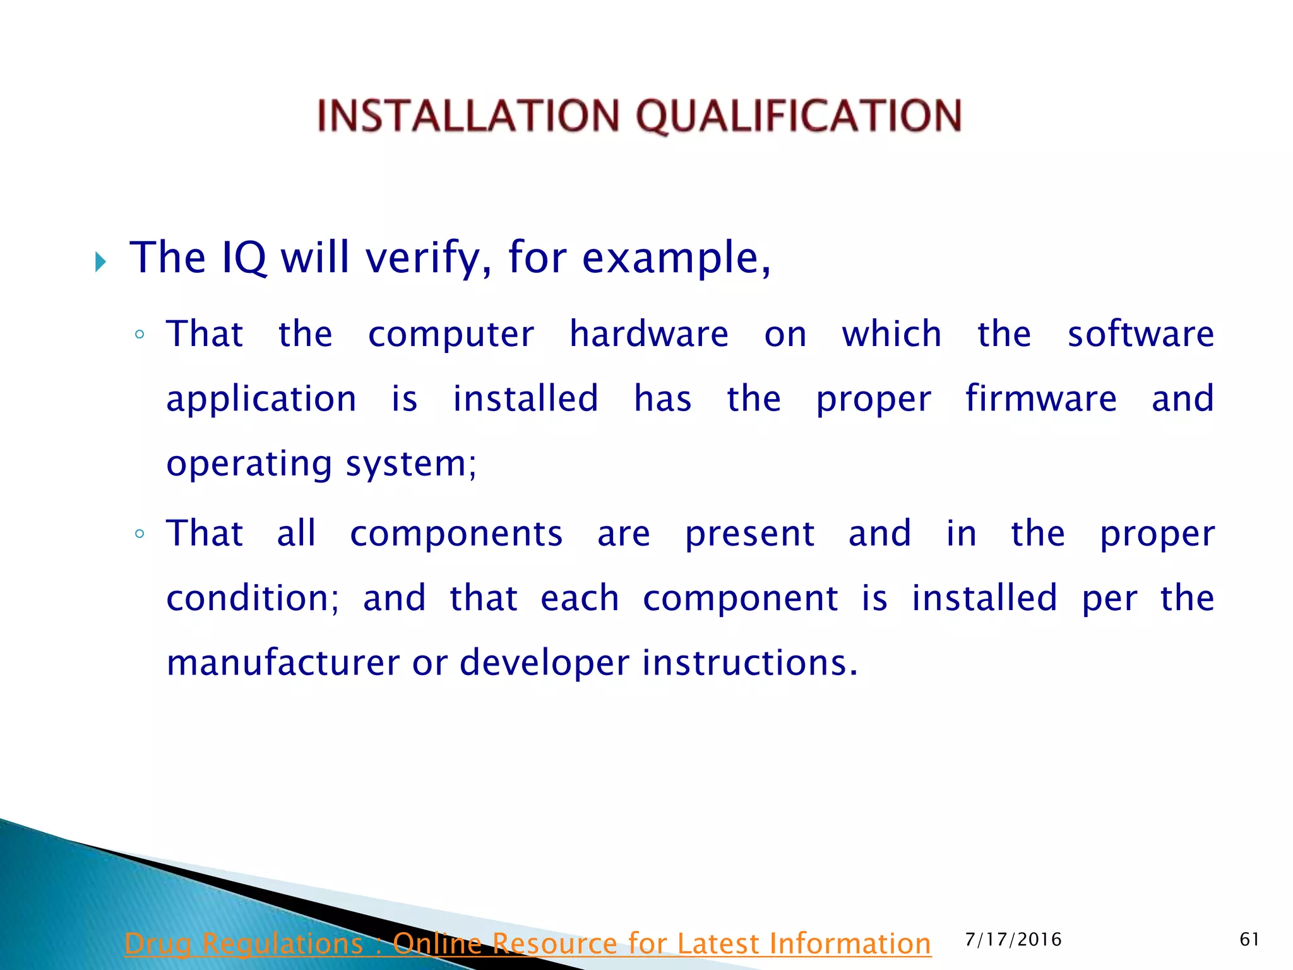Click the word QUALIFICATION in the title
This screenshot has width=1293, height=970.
coord(799,116)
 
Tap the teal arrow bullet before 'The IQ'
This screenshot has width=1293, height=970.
coord(100,261)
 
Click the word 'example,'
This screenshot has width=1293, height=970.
coord(676,258)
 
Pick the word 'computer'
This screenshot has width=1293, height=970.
coord(451,334)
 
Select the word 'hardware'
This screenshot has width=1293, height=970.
coord(648,334)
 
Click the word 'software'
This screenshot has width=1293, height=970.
coord(1140,334)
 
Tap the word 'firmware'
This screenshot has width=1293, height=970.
coord(1040,398)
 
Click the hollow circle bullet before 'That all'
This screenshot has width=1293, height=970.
coord(140,534)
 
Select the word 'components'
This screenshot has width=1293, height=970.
coord(456,534)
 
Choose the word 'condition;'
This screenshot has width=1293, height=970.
coord(253,598)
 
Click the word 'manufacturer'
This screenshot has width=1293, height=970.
coord(283,663)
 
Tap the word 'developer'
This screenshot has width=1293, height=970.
coord(544,663)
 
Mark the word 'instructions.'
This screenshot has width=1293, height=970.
coord(750,663)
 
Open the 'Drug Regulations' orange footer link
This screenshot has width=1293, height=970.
coord(527,943)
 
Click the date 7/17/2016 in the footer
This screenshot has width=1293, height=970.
coord(1013,940)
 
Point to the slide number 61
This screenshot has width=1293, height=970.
coord(1249,940)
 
